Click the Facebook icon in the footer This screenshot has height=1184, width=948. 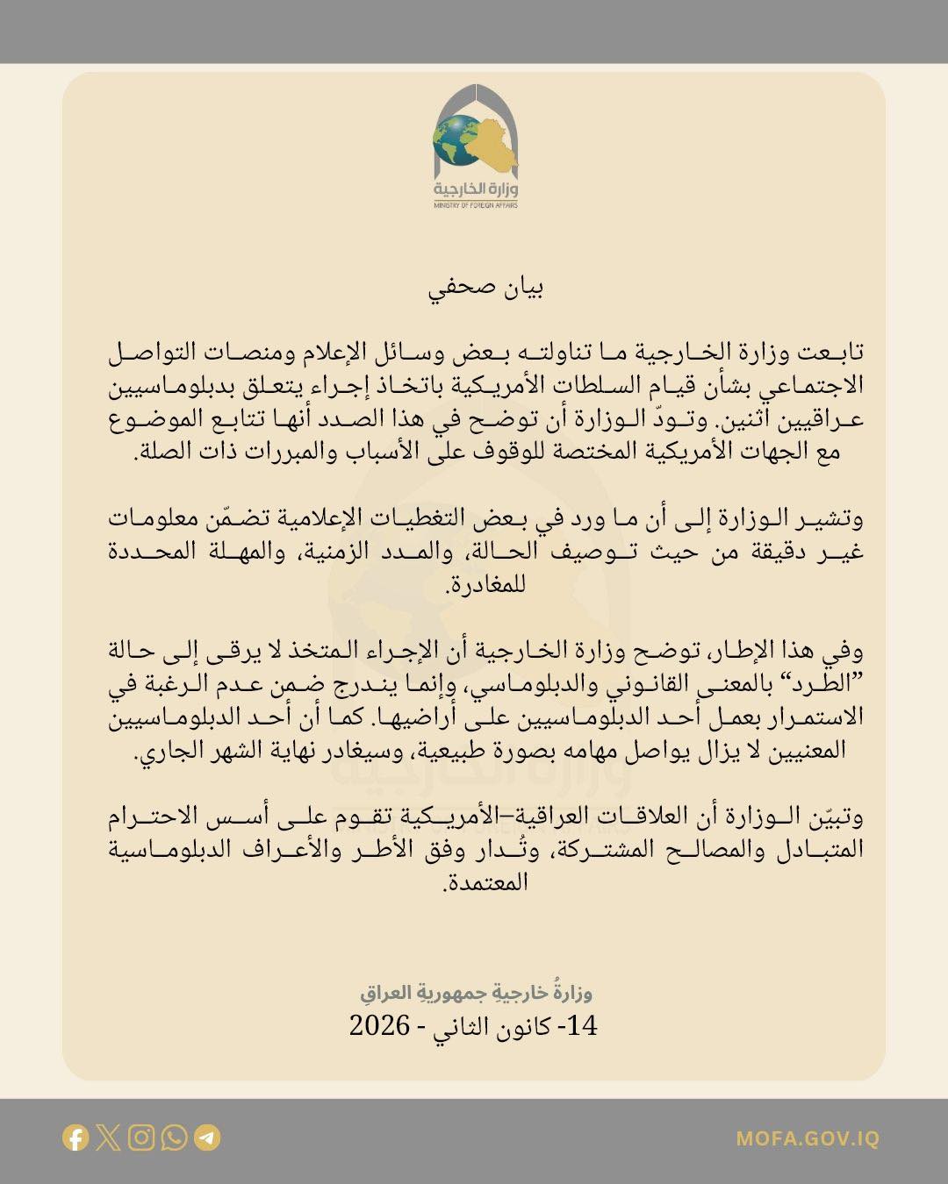coord(76,1138)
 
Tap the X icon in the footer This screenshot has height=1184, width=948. coord(109,1138)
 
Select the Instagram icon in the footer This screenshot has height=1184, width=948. coord(141,1138)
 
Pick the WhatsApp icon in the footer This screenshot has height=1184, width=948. coord(174,1138)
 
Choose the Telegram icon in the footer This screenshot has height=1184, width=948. coord(207,1138)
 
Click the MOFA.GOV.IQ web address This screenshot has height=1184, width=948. coord(808,1139)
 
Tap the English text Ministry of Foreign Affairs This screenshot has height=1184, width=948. coord(475,205)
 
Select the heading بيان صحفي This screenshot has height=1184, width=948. coord(486,289)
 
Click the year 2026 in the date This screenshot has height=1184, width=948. coord(379,1025)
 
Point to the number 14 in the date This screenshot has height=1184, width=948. coord(583,1025)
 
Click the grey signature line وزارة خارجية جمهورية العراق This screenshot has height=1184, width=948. coord(476,992)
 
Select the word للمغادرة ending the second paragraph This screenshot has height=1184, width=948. coord(486,584)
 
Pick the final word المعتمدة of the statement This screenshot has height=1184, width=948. coord(486,882)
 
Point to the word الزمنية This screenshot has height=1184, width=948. coord(338,553)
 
